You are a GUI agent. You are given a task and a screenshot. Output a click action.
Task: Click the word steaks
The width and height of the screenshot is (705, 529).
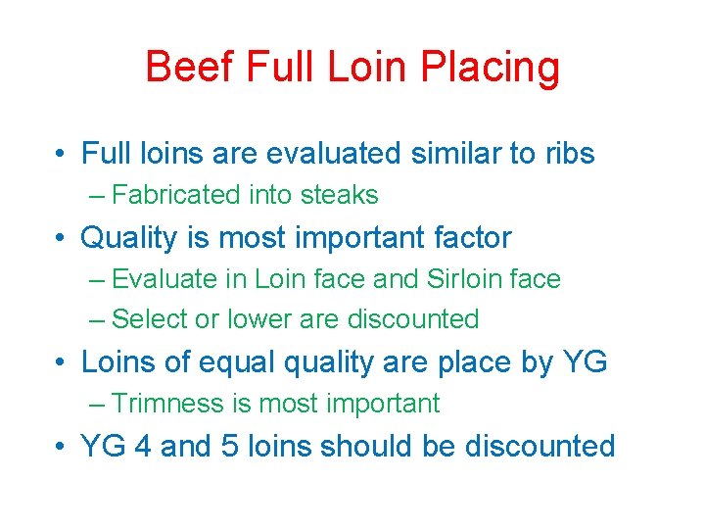(x=339, y=195)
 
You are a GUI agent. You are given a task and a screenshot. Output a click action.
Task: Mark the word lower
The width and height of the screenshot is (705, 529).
(x=258, y=319)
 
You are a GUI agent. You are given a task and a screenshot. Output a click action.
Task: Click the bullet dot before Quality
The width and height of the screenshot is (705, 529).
(x=61, y=238)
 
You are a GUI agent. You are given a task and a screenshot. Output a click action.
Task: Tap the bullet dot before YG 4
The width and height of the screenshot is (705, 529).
(x=61, y=448)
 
